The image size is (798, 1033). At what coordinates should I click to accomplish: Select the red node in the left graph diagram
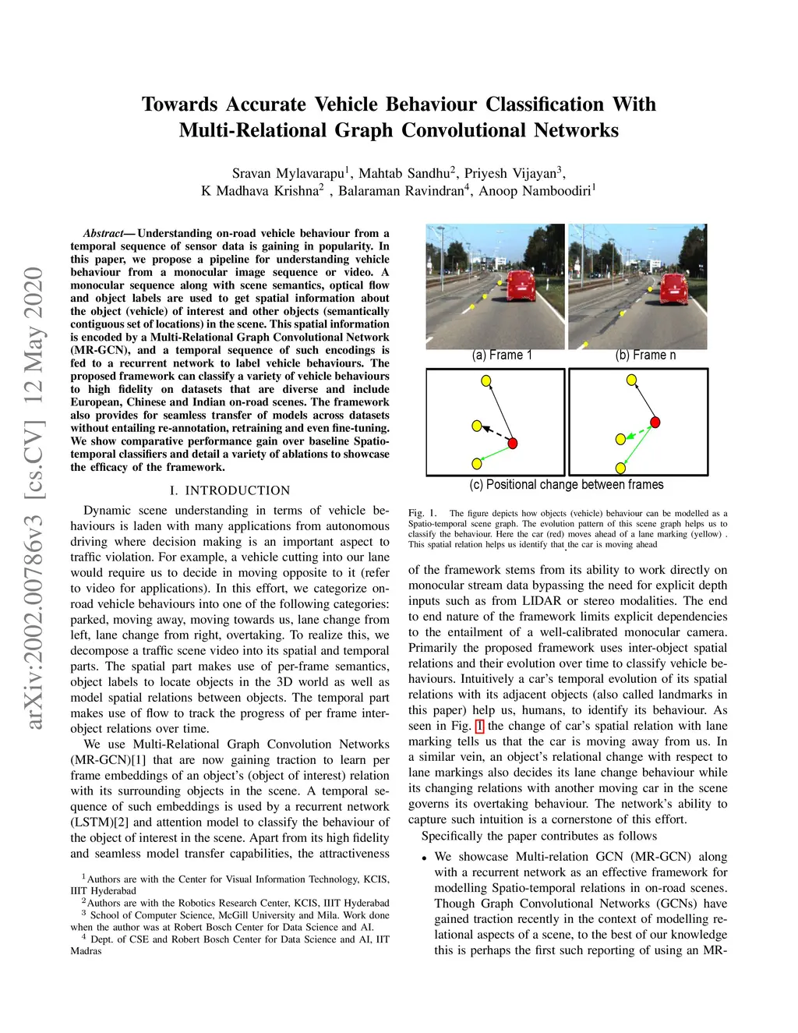point(513,444)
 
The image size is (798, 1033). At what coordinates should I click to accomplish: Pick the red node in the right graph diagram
point(655,422)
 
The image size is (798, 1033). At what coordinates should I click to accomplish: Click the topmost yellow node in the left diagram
point(486,381)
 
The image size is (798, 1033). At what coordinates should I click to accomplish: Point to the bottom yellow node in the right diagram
point(620,468)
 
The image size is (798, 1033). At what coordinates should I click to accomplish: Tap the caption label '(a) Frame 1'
point(502,356)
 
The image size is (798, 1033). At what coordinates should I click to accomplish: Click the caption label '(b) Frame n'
point(645,356)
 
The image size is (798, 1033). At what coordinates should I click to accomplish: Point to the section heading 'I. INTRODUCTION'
point(230,490)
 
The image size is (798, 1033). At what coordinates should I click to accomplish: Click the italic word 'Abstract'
point(103,233)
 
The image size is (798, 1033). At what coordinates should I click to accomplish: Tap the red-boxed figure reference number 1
point(479,726)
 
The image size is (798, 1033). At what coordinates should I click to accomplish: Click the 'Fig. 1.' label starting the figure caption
point(422,513)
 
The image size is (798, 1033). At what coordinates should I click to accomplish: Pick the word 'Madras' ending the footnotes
point(86,951)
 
